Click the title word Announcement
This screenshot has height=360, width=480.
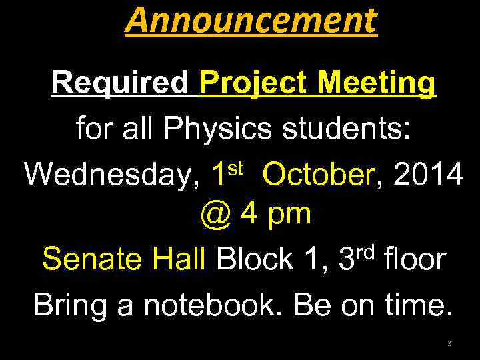click(x=250, y=21)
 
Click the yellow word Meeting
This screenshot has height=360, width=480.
click(x=377, y=83)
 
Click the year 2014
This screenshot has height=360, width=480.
click(x=429, y=175)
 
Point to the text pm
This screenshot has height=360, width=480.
click(x=288, y=215)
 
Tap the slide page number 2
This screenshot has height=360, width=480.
click(x=449, y=343)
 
